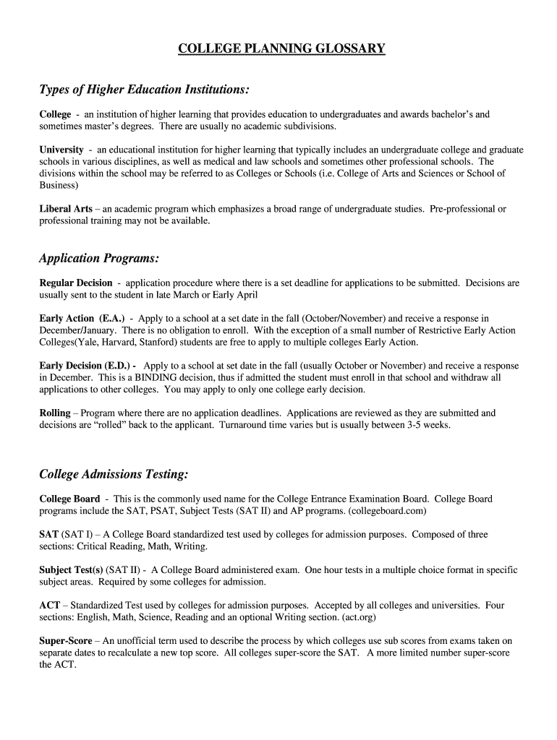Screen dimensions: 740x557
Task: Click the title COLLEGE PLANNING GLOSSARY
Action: pyautogui.click(x=282, y=49)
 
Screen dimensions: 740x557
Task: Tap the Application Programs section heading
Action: pyautogui.click(x=98, y=258)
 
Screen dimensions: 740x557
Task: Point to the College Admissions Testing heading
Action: pyautogui.click(x=114, y=474)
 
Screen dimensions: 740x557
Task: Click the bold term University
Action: pyautogui.click(x=61, y=150)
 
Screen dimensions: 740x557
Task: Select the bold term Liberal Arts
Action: pyautogui.click(x=65, y=209)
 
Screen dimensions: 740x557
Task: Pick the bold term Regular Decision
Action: pyautogui.click(x=75, y=283)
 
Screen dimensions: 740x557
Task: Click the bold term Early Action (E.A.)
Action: pyautogui.click(x=82, y=319)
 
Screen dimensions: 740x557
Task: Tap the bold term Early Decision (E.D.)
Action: pyautogui.click(x=88, y=366)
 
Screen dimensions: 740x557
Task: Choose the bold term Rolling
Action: pyautogui.click(x=54, y=413)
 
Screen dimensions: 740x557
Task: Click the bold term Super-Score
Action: pyautogui.click(x=65, y=641)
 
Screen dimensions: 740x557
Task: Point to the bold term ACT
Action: pyautogui.click(x=49, y=606)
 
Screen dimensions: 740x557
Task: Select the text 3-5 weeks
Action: pyautogui.click(x=428, y=426)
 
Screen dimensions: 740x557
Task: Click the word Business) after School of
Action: pyautogui.click(x=58, y=185)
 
